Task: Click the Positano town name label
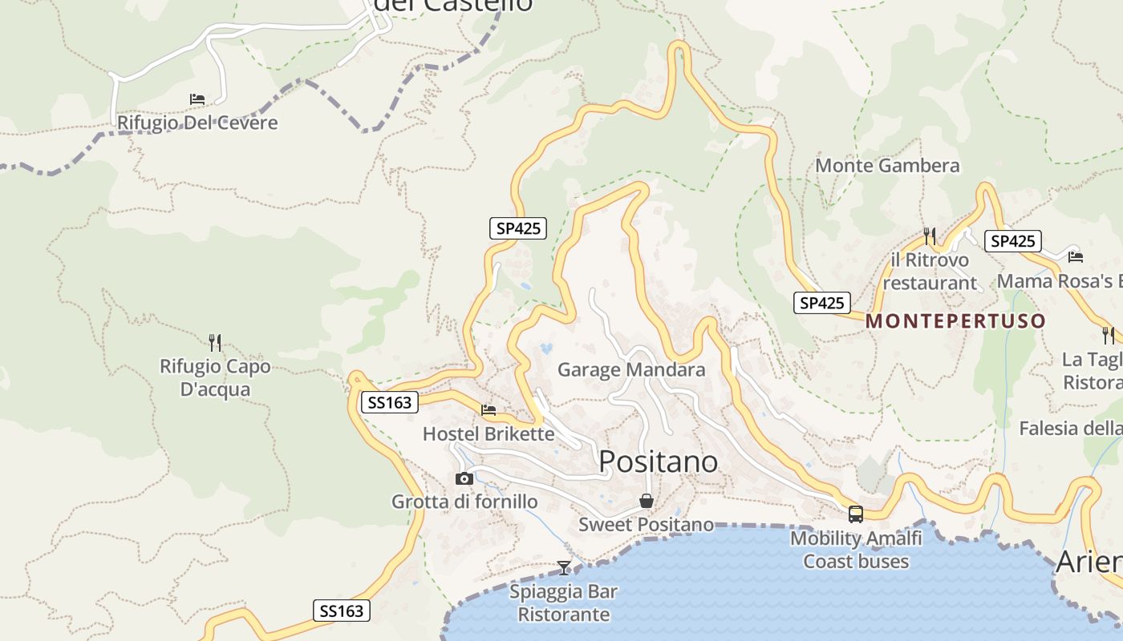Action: pos(658,462)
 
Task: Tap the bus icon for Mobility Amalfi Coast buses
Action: pos(855,514)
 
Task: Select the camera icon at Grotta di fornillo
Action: pos(464,478)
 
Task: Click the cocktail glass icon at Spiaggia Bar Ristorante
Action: pos(564,568)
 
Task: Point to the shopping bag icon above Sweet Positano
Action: pos(646,502)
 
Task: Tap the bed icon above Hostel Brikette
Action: pos(489,410)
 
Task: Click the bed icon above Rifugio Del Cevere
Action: pos(197,99)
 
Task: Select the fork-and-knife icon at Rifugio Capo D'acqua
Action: pos(215,343)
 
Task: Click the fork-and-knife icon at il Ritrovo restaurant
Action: pos(930,236)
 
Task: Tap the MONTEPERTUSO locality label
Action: pos(955,321)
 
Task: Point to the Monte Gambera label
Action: pos(887,166)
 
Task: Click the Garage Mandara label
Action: pos(631,369)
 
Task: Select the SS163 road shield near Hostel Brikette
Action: pos(390,402)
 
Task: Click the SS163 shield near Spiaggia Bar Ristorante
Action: pos(342,611)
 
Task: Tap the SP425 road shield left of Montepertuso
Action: pos(822,303)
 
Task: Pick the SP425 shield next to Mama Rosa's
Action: pos(1013,241)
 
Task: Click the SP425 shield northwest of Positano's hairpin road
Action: pos(518,228)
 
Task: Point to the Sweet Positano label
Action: pos(646,525)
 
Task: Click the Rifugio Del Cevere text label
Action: pos(197,123)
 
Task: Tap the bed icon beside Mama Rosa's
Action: pos(1076,256)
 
